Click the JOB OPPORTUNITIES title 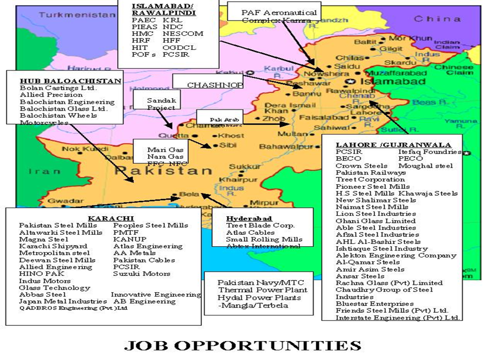coord(242,345)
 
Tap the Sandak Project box coord(161,104)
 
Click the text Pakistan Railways coord(370,172)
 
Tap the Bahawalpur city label coord(286,147)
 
